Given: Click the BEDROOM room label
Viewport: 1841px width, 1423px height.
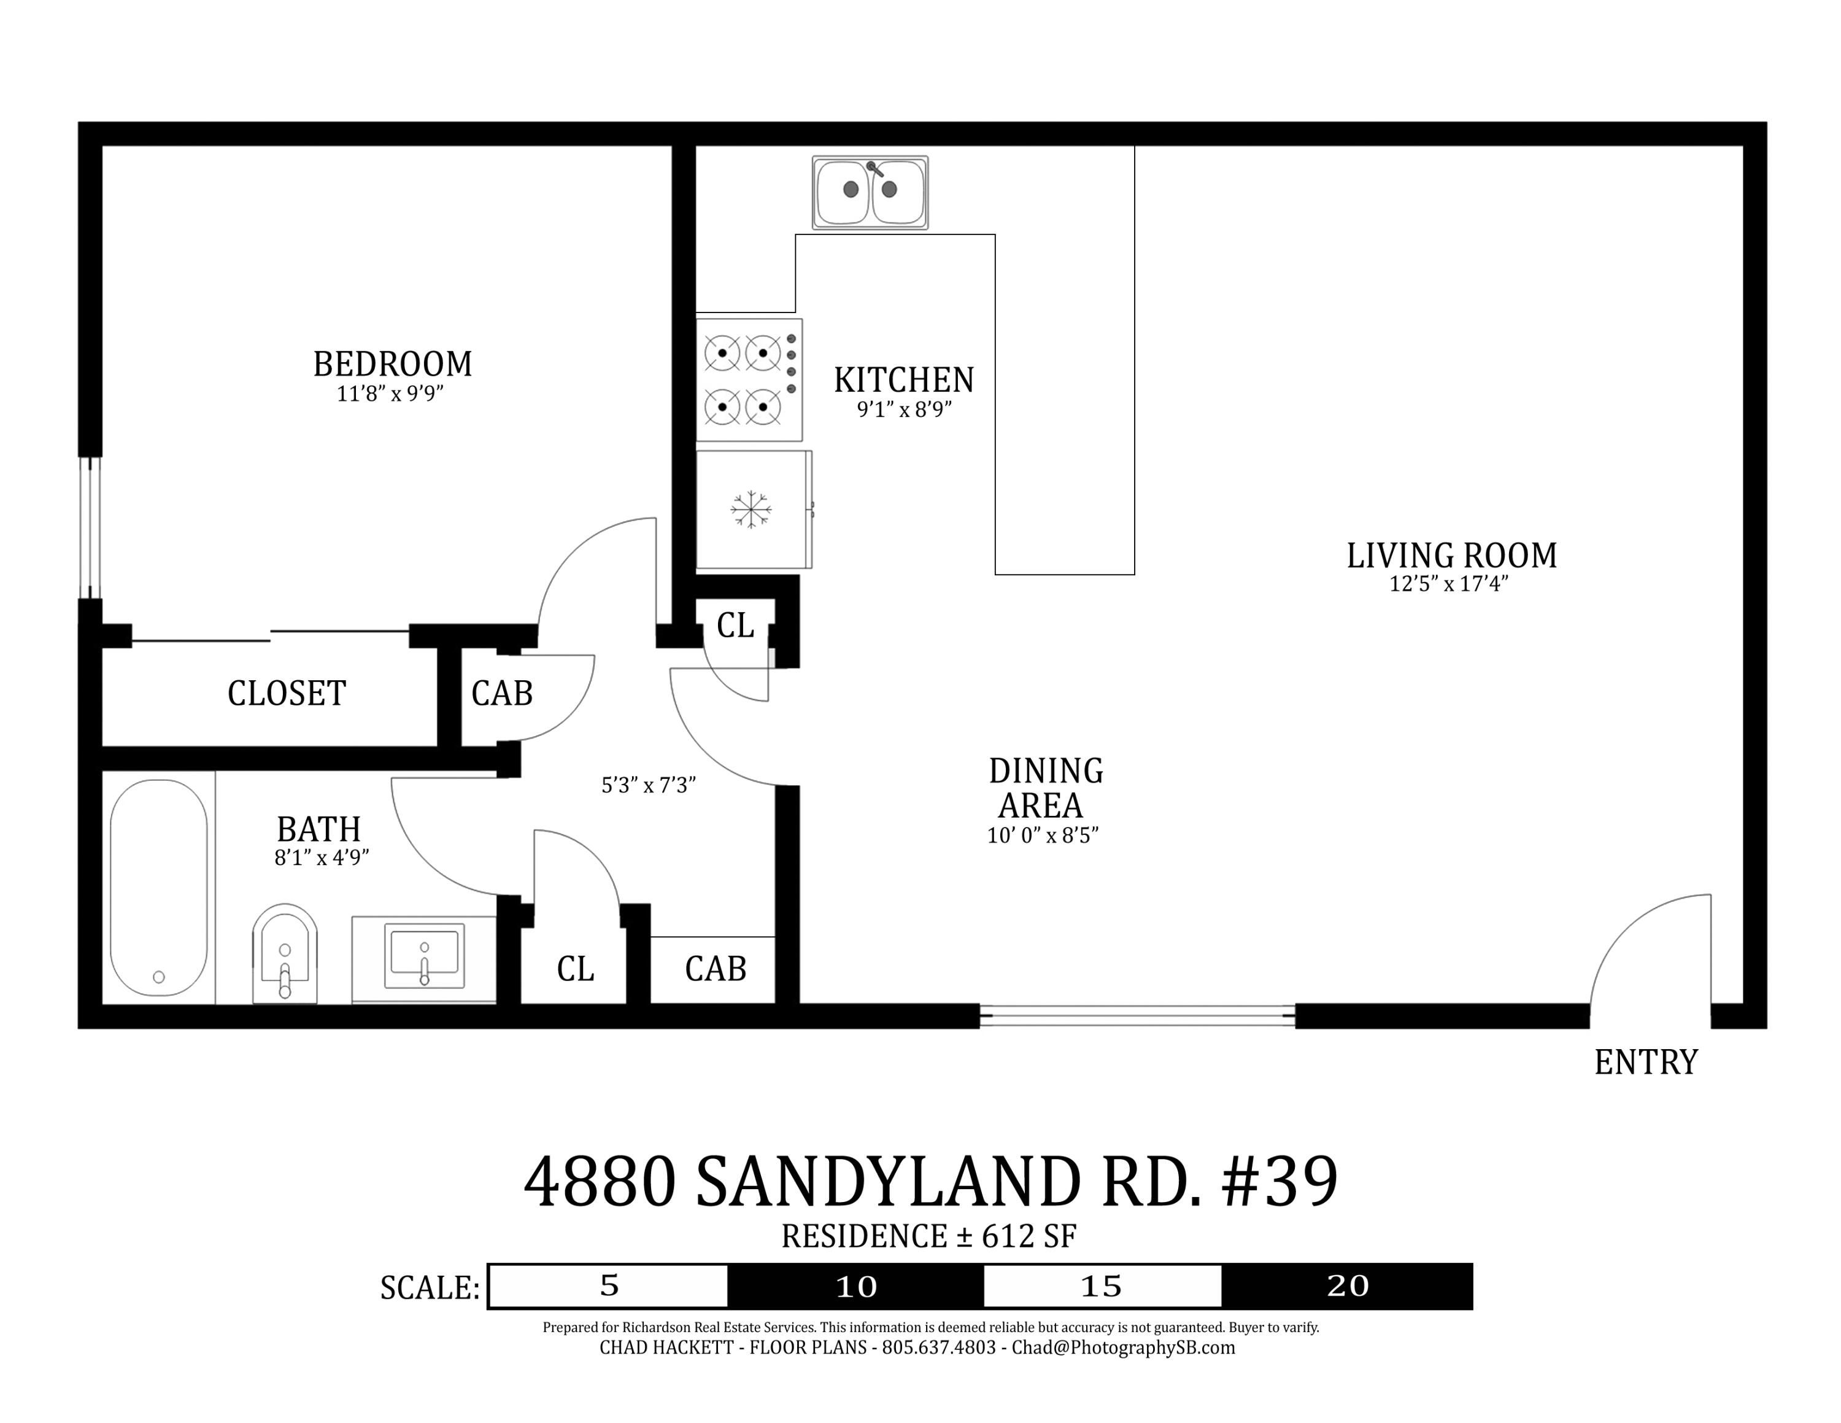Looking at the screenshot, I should click(392, 364).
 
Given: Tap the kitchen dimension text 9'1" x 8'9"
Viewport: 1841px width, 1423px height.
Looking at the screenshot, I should click(904, 409).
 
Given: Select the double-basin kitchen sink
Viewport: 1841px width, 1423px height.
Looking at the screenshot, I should click(870, 192).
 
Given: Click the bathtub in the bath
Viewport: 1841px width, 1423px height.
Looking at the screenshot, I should click(158, 887).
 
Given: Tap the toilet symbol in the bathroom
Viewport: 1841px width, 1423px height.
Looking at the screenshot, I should click(285, 953).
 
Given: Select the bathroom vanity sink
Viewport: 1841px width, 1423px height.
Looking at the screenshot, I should click(424, 956).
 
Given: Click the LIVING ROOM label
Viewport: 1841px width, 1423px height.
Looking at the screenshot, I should click(1451, 556).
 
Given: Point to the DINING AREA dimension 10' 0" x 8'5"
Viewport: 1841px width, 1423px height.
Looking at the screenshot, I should click(1043, 836).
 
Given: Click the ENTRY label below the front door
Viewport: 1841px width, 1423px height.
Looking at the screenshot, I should click(1645, 1062).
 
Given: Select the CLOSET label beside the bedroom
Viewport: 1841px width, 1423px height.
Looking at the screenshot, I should click(287, 694).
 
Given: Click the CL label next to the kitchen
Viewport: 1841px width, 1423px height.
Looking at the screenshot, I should click(735, 626).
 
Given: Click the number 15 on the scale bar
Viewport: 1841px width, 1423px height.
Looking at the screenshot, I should click(1101, 1287).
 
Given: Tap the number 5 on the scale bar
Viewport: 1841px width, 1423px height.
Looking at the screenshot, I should click(609, 1285).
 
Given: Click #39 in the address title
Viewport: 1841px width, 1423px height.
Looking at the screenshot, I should click(1279, 1182).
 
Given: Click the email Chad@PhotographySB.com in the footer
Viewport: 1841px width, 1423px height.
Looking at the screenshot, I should click(1123, 1348).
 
